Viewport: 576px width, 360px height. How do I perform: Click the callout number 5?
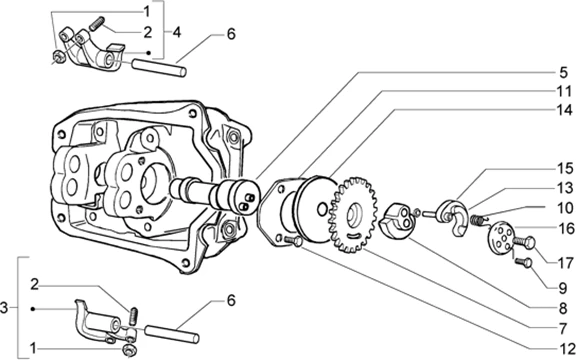coord(563,73)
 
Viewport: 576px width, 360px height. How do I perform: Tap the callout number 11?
coord(564,91)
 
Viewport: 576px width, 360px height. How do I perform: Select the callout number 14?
coord(564,109)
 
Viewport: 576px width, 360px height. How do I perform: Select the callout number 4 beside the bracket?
coord(177,32)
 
